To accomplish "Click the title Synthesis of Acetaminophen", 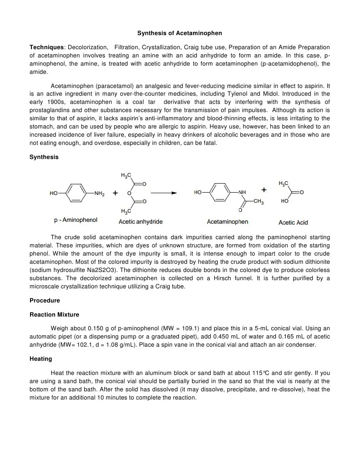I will [180, 33].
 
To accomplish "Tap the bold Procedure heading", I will [45, 301].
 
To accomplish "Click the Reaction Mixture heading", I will [54, 315].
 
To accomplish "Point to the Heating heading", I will [41, 359].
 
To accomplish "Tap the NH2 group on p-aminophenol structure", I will [99, 193].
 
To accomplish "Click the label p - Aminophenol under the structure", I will [76, 220].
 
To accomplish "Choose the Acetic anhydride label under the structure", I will [141, 222].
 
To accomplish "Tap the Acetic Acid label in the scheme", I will [293, 222].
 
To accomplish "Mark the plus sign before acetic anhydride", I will [116, 193].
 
